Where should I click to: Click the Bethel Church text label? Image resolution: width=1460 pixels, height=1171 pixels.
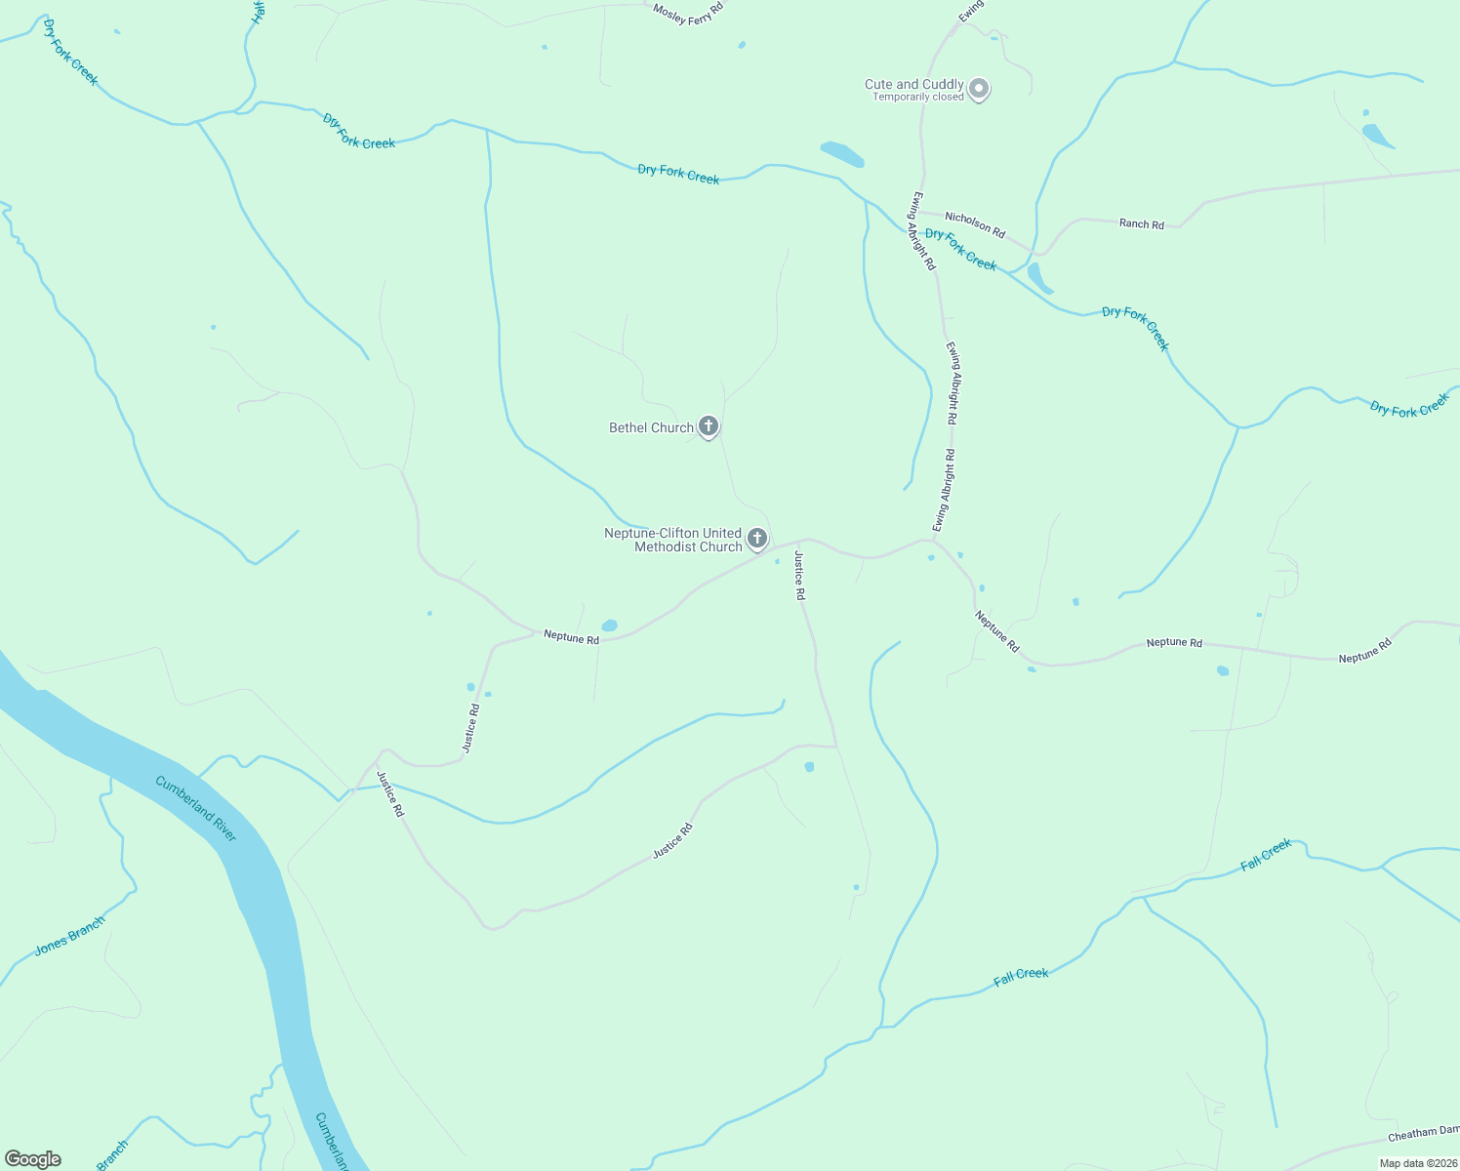[x=651, y=427]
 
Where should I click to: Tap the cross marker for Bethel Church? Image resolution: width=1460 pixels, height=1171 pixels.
[x=709, y=426]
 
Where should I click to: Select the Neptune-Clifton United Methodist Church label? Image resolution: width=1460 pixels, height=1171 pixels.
[x=673, y=540]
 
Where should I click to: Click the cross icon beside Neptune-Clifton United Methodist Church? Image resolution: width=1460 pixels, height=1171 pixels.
[x=756, y=538]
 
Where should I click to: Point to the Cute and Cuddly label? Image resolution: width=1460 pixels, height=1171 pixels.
[x=913, y=85]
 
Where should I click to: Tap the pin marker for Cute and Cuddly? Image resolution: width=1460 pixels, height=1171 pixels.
[x=979, y=90]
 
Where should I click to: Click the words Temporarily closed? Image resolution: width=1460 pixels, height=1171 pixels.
[x=917, y=98]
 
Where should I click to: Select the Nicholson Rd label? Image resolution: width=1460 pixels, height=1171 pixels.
[x=975, y=224]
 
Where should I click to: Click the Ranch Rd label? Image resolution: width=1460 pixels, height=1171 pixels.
[x=1141, y=224]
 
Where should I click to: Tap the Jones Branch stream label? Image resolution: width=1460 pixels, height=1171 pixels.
[x=69, y=936]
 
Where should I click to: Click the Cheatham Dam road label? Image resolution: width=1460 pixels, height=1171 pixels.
[x=1423, y=1134]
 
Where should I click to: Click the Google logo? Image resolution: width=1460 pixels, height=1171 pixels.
[x=32, y=1159]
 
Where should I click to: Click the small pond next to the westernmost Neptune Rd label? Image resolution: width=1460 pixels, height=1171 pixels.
[x=610, y=626]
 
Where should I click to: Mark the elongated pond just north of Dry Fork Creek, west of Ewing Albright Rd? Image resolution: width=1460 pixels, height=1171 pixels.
[x=842, y=154]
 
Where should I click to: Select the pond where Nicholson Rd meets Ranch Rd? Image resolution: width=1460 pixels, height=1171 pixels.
[x=1038, y=277]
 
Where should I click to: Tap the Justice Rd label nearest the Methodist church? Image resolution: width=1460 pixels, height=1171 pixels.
[x=799, y=575]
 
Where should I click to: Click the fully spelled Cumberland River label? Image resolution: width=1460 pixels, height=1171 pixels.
[x=196, y=809]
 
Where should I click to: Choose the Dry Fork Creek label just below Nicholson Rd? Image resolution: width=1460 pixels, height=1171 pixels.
[x=960, y=249]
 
